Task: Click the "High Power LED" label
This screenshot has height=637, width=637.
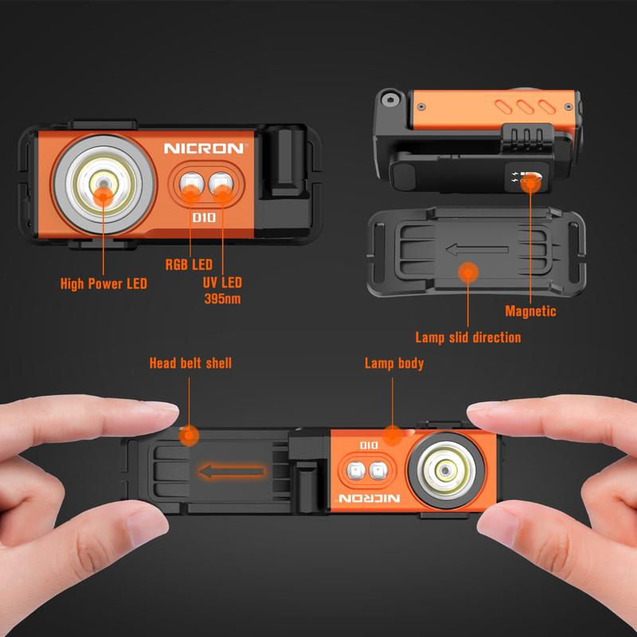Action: (104, 283)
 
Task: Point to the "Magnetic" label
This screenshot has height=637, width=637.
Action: (530, 311)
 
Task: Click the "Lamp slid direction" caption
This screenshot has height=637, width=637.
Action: (468, 338)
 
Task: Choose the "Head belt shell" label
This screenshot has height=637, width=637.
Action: (190, 363)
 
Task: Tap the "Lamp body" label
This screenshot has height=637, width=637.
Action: (394, 363)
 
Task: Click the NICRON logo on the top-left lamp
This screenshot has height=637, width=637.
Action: (206, 148)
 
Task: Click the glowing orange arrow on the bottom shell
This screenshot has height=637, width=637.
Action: (231, 471)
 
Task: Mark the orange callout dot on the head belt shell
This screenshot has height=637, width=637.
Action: (189, 436)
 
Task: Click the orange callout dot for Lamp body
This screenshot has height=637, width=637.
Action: (392, 435)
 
